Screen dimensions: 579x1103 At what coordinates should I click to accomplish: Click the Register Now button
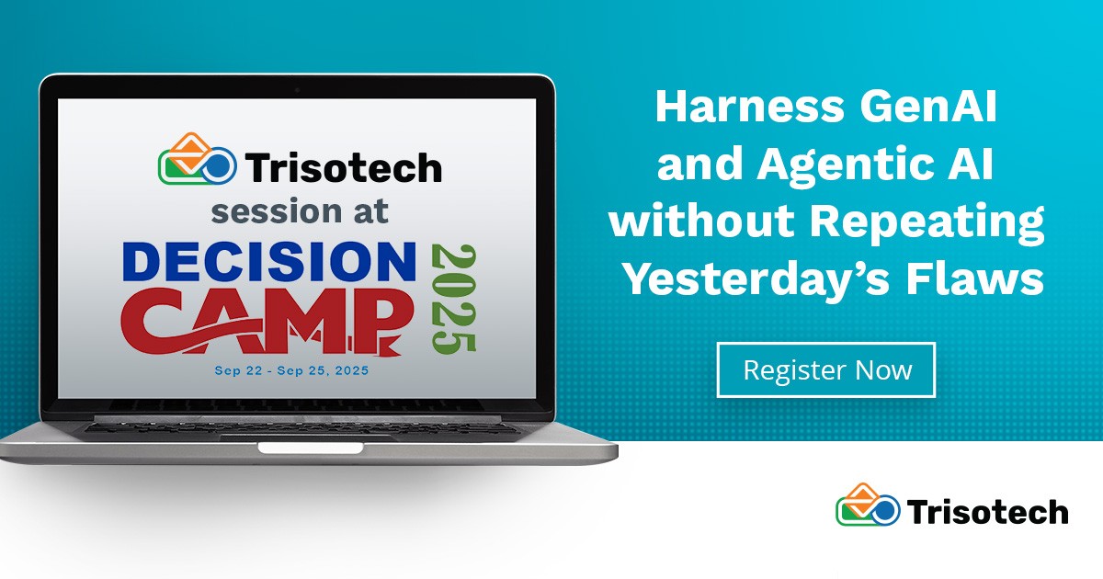(825, 369)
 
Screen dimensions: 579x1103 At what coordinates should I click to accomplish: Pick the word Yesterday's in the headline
(772, 279)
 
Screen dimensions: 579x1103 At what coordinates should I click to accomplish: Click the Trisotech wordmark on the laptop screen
(343, 167)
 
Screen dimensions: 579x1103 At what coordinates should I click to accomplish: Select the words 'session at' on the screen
(300, 210)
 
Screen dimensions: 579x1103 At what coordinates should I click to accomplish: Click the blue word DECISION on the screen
(268, 261)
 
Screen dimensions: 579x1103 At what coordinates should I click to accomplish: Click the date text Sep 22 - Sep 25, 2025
(290, 371)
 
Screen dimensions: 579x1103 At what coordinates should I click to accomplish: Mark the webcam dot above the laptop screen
(297, 89)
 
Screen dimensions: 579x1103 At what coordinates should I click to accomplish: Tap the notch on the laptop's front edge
(308, 448)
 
